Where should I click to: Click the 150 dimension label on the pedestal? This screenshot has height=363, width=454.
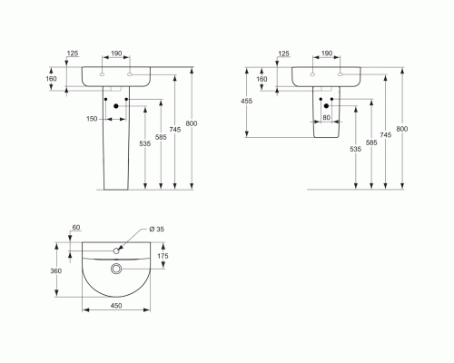click(92, 119)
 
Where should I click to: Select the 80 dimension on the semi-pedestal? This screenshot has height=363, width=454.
click(326, 117)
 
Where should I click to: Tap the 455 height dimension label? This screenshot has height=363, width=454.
click(246, 101)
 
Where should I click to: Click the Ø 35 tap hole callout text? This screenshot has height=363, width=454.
click(157, 229)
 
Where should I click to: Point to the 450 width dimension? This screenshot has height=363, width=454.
click(116, 306)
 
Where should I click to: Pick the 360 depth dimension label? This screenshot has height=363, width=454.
click(56, 270)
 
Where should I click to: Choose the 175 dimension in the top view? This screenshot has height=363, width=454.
click(163, 256)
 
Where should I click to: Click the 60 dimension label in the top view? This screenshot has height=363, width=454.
click(76, 227)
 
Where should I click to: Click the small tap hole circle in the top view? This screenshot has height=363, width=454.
click(116, 250)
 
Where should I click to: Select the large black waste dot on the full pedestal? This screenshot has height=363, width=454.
click(116, 106)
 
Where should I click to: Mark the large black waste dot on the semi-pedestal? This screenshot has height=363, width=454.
click(326, 106)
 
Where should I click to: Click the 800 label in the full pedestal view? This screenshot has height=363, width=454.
click(192, 123)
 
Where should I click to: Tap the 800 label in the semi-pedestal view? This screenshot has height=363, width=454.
click(402, 129)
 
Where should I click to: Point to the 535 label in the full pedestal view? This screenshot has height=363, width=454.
click(145, 143)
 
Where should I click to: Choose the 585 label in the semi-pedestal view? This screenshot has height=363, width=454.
click(371, 142)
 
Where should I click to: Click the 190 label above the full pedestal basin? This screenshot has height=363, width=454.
click(116, 54)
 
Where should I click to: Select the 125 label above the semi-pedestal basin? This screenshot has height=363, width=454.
click(283, 54)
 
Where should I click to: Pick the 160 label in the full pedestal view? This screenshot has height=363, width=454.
click(51, 79)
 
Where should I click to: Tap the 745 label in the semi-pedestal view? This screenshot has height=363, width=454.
click(386, 135)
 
